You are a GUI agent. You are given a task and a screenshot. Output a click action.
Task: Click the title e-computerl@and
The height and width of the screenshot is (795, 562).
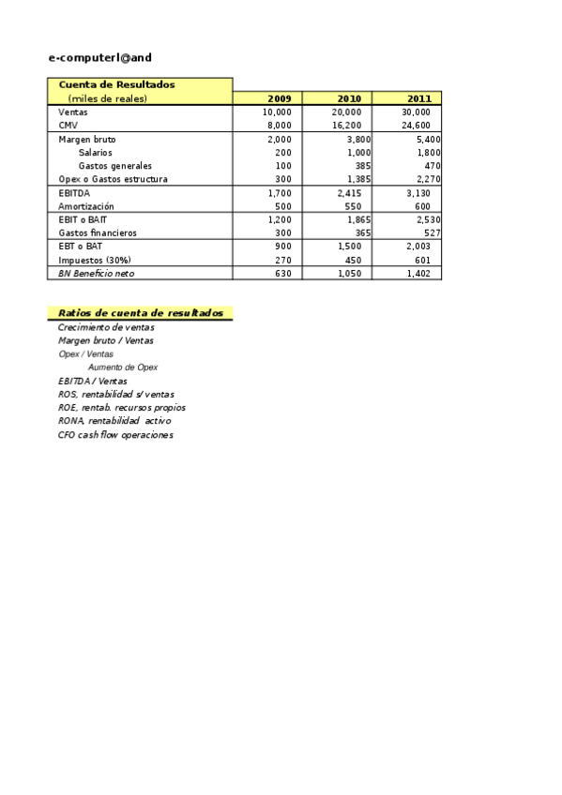(x=99, y=57)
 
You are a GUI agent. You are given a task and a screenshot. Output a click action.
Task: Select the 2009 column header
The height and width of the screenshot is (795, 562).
(x=279, y=98)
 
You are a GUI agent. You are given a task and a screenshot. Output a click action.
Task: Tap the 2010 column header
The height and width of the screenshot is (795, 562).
(x=348, y=98)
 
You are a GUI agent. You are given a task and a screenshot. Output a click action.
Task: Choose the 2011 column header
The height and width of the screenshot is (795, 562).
(x=418, y=98)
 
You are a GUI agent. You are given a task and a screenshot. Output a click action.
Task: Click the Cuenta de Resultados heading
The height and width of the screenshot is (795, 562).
(x=116, y=84)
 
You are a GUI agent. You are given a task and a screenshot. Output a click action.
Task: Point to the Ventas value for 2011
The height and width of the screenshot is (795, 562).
(x=416, y=112)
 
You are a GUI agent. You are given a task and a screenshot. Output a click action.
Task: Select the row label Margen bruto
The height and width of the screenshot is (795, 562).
(x=87, y=139)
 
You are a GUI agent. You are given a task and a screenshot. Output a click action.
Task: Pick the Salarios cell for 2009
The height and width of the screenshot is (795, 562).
(x=282, y=152)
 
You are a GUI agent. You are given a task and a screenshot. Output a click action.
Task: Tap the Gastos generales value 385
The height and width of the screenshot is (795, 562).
(x=362, y=165)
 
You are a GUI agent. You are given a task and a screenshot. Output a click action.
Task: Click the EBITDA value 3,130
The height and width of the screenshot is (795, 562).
(x=418, y=193)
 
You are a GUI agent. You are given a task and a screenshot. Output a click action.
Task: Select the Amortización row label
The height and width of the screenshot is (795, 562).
(x=86, y=206)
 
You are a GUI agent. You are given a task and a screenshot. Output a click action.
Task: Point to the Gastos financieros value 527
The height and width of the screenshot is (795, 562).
(x=432, y=232)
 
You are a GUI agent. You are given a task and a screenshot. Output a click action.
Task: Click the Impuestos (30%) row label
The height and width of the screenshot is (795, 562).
(x=95, y=260)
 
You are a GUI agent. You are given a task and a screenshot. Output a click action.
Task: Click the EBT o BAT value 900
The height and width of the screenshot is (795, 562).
(x=282, y=246)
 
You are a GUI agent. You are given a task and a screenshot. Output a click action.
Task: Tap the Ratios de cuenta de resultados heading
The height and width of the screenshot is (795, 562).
(x=140, y=313)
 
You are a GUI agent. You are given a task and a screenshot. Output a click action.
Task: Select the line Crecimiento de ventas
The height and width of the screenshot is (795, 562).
(x=106, y=327)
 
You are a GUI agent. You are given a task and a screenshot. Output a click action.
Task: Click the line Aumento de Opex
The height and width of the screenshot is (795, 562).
(x=123, y=367)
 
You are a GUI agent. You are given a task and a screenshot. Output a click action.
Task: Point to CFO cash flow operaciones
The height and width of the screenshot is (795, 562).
(x=115, y=435)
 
